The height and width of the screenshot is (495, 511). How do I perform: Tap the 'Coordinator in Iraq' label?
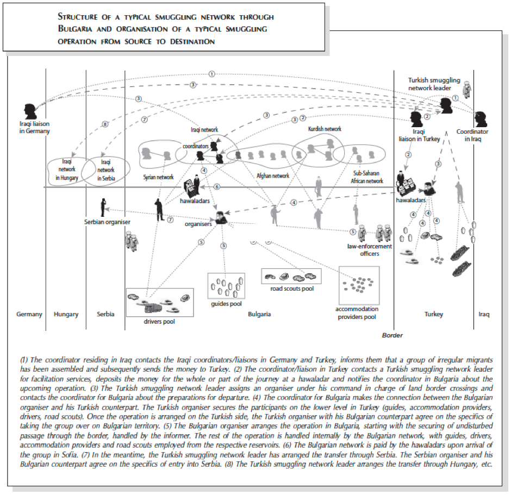[x=472, y=135]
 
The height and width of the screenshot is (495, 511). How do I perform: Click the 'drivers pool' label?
[x=159, y=322]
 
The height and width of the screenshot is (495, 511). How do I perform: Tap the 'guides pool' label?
[x=226, y=304]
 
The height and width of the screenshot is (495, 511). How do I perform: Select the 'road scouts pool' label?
[x=292, y=289]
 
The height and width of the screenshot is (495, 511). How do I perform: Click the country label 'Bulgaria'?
[x=259, y=314]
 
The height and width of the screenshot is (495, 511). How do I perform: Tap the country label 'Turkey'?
[x=433, y=314]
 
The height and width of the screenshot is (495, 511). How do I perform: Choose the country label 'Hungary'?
[x=66, y=314]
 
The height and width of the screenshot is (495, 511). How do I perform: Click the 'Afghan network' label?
[x=273, y=176]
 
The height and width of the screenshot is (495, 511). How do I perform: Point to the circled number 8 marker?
[x=105, y=124]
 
